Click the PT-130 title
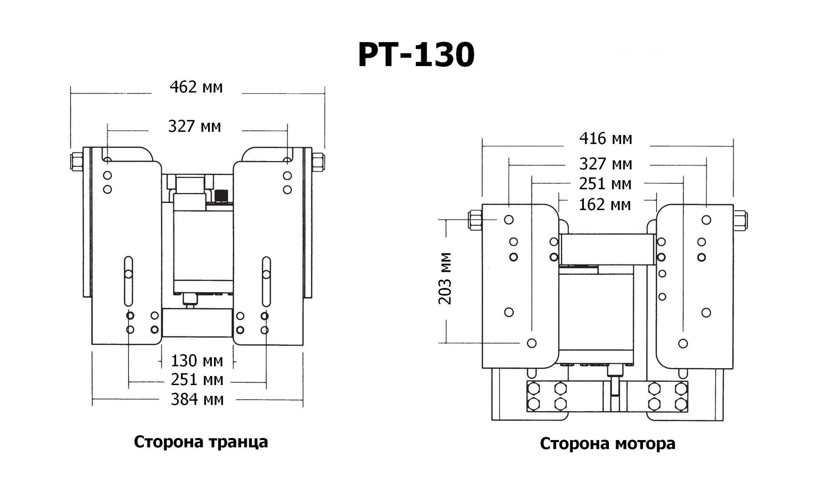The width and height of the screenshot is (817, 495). [x=416, y=55]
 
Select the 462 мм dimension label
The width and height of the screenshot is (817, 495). [x=196, y=87]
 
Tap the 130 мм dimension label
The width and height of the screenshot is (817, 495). [x=197, y=361]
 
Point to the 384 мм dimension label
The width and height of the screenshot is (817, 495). [x=197, y=400]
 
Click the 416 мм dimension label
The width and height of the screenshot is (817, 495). [x=606, y=139]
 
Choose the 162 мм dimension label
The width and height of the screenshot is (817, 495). [x=605, y=205]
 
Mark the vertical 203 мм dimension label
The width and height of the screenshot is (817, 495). [x=445, y=278]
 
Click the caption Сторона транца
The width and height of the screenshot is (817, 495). [x=201, y=442]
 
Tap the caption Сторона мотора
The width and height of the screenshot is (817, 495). [x=607, y=443]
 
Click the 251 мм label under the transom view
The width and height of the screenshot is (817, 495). [x=197, y=380]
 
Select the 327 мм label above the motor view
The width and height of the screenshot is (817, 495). [x=606, y=164]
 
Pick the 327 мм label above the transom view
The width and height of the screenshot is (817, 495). [x=194, y=127]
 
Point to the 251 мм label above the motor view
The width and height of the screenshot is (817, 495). [x=605, y=184]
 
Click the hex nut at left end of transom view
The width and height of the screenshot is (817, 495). [x=77, y=162]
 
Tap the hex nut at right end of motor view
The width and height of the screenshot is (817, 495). [x=741, y=220]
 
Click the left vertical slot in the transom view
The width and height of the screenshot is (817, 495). [x=128, y=281]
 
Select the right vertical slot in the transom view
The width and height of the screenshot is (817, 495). [x=266, y=281]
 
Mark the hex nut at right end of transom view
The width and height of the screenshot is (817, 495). [x=318, y=162]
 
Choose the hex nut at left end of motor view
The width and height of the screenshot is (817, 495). [x=475, y=220]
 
